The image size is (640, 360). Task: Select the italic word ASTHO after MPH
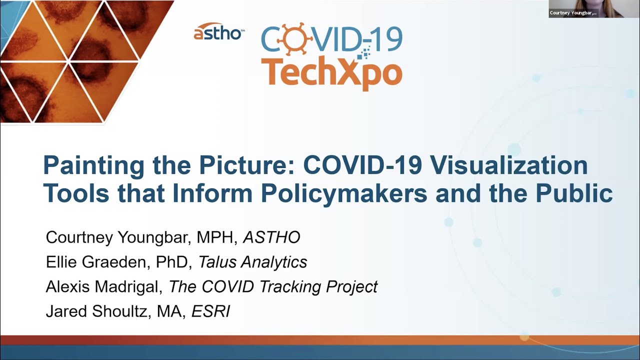pos(271,237)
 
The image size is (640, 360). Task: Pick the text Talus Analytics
pos(252,261)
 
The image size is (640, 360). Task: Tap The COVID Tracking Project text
pos(273,286)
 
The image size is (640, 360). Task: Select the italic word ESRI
pos(210,311)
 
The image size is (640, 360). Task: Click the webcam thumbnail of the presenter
pos(593,8)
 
